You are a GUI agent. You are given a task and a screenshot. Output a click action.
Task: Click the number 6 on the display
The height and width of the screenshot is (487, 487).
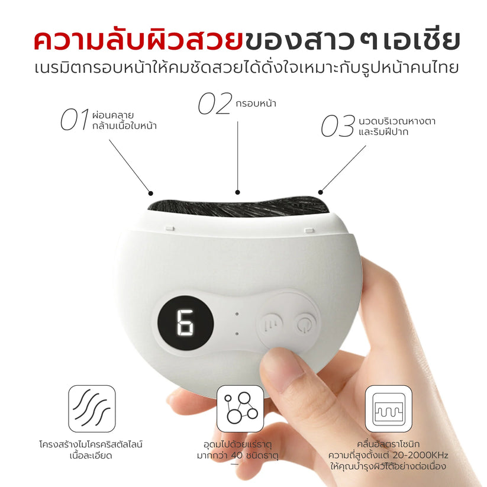[x=185, y=322]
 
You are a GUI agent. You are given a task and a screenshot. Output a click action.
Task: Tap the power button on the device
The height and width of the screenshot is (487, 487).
[x=302, y=324]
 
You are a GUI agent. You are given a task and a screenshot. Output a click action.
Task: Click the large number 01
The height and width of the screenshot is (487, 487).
[x=74, y=120]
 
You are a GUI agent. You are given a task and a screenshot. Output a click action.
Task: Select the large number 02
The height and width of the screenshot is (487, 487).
[x=215, y=104]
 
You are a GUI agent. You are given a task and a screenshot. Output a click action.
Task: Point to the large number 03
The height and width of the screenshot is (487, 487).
[x=338, y=126]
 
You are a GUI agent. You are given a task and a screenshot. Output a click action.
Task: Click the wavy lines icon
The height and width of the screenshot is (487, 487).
[x=92, y=409]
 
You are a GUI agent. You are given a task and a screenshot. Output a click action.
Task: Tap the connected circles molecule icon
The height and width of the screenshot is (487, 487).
[x=240, y=409]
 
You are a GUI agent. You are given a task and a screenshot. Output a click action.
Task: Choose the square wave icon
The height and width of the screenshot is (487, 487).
[x=389, y=409]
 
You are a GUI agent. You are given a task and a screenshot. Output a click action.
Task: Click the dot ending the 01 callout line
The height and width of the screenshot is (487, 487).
[x=151, y=193]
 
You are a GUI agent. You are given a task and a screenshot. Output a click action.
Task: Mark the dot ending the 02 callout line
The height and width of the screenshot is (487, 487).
[x=238, y=192]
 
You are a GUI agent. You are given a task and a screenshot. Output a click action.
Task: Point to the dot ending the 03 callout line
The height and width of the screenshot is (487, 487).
[x=321, y=192]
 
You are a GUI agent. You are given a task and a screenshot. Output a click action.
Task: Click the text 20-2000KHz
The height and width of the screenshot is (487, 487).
[x=420, y=455]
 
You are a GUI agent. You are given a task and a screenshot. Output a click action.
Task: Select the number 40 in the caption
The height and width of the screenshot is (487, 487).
[x=237, y=455]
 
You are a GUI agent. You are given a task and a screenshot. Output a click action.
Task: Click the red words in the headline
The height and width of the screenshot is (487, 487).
[x=138, y=40]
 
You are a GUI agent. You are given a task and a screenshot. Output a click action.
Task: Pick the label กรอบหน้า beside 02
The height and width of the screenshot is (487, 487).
[x=256, y=104]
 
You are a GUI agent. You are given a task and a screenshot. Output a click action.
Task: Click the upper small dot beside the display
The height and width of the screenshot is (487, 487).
[x=237, y=314]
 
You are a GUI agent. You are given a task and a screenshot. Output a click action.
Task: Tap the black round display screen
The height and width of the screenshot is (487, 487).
[x=185, y=323]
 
